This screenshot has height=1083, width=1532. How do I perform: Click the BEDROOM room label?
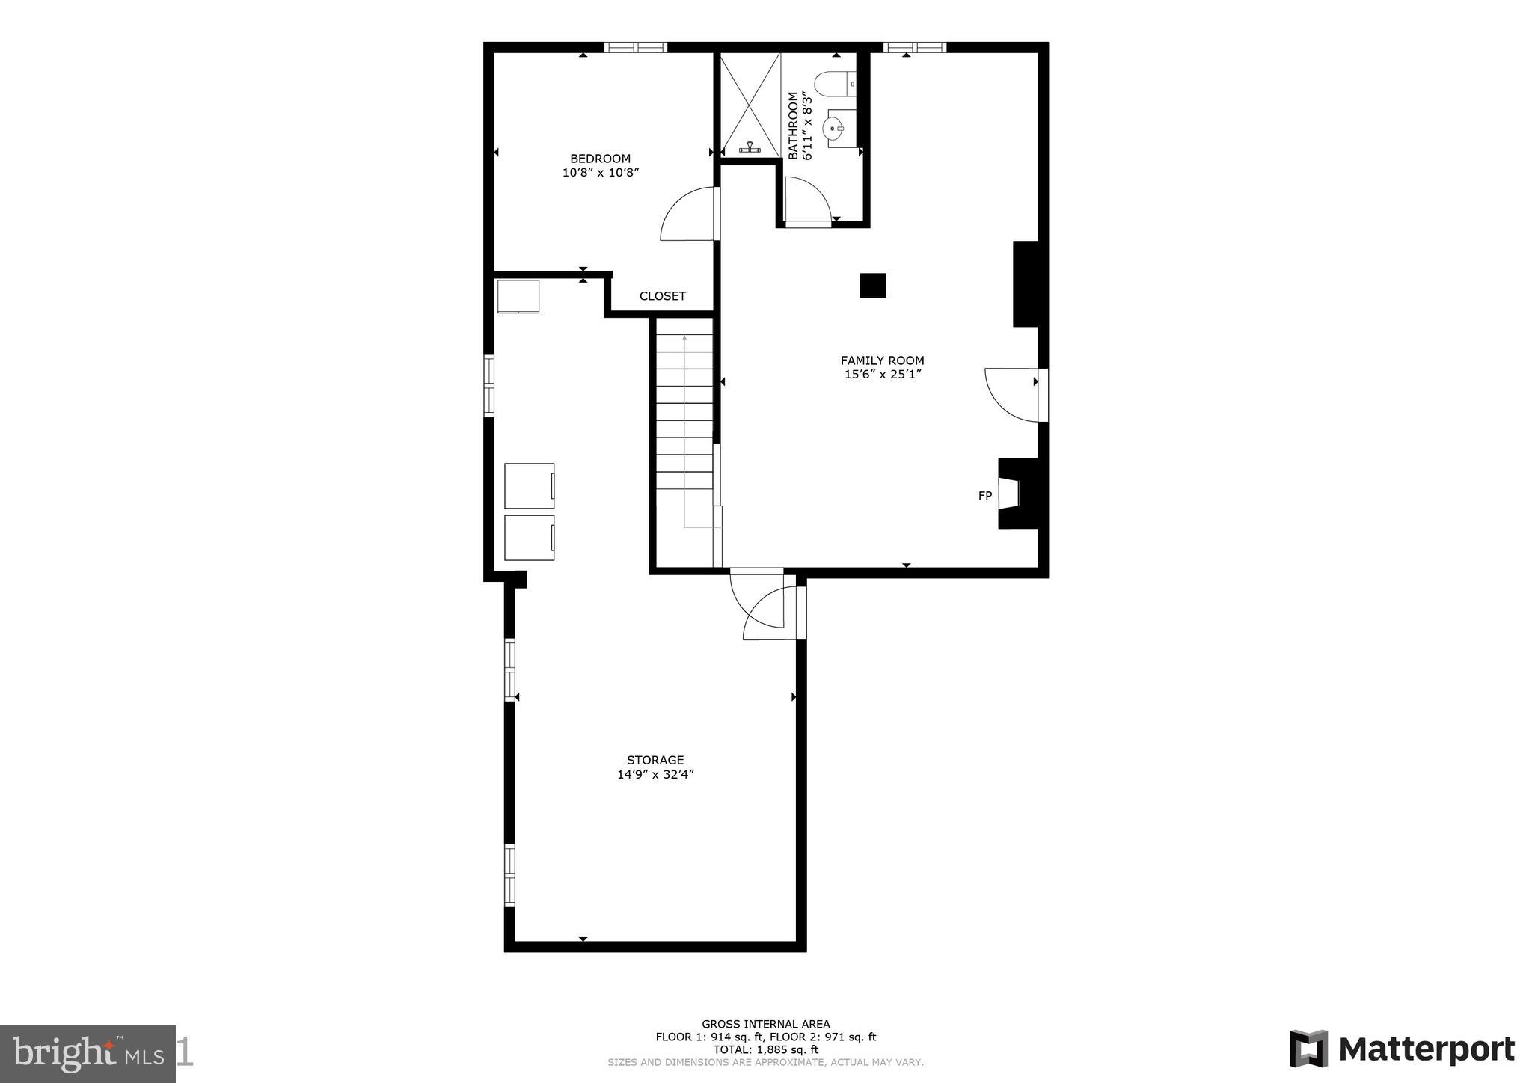pyautogui.click(x=600, y=159)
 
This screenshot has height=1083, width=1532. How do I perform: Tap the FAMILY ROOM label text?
pyautogui.click(x=882, y=361)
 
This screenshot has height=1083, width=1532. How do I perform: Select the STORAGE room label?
pyautogui.click(x=655, y=761)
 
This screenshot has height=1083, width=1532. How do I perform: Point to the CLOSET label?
pyautogui.click(x=662, y=296)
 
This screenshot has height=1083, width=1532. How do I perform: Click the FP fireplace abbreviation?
pyautogui.click(x=985, y=496)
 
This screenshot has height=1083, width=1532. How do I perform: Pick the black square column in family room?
pyautogui.click(x=872, y=286)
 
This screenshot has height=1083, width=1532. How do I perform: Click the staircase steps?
pyautogui.click(x=684, y=411)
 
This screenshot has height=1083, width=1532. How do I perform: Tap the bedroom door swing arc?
pyautogui.click(x=687, y=215)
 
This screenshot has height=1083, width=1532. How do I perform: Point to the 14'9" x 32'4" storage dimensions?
pyautogui.click(x=655, y=775)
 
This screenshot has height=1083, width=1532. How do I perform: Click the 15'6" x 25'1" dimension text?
pyautogui.click(x=882, y=375)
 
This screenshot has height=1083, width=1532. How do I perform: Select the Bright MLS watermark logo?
pyautogui.click(x=88, y=1054)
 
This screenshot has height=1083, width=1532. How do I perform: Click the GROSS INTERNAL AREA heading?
pyautogui.click(x=765, y=1024)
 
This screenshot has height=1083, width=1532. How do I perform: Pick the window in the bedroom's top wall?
pyautogui.click(x=635, y=47)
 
